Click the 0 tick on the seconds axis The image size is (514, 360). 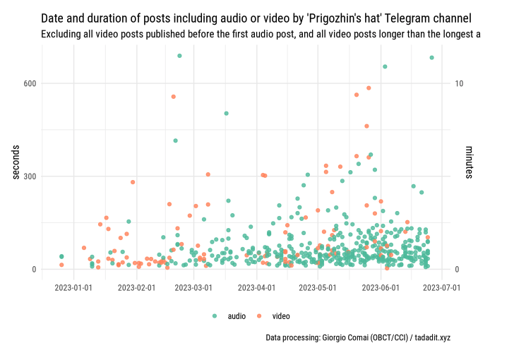point(32,269)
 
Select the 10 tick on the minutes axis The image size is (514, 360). point(460,83)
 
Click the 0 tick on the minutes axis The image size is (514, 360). point(458,269)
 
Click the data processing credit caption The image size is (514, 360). point(358,338)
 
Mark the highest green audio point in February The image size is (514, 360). point(179,56)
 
